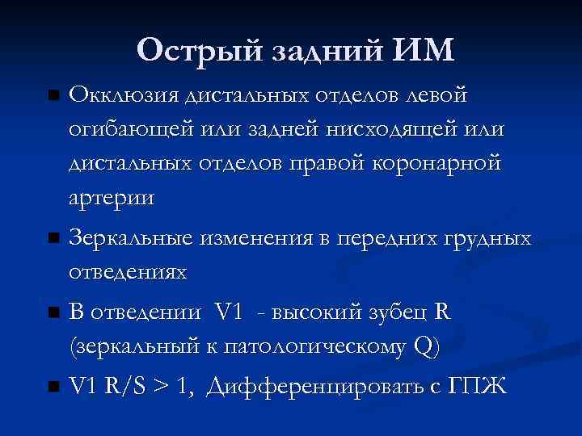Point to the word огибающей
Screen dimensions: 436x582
(124, 130)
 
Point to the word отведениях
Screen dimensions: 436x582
(129, 272)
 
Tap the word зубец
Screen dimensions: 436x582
(397, 313)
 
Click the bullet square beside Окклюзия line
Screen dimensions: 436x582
(54, 97)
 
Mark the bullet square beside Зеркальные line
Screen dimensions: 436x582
(54, 239)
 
